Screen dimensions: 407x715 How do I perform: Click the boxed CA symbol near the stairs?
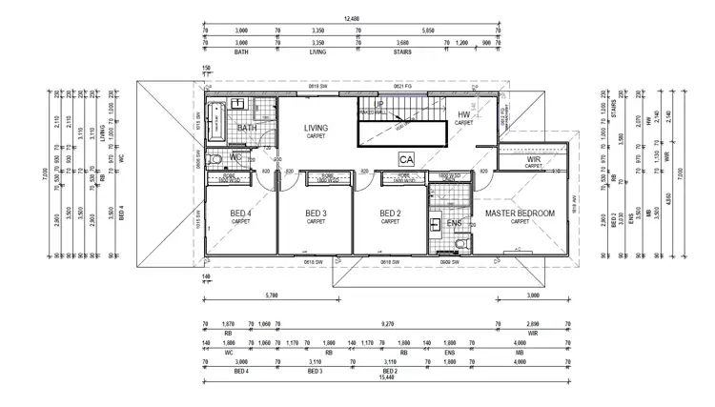(x=407, y=158)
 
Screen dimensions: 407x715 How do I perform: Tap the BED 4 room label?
(x=242, y=213)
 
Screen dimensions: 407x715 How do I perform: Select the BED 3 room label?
(x=316, y=213)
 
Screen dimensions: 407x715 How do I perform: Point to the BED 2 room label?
(x=390, y=213)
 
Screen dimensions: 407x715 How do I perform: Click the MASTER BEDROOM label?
(x=520, y=213)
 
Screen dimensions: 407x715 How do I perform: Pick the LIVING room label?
(x=316, y=129)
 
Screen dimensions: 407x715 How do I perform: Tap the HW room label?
(x=464, y=115)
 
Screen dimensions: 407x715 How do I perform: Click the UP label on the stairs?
(x=379, y=104)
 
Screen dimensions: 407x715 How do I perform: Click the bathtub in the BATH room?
(x=217, y=120)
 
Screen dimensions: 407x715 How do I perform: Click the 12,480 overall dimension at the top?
(x=353, y=19)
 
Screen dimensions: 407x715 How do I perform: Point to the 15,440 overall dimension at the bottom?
(x=386, y=377)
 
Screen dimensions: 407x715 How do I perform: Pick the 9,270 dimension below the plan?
(x=386, y=324)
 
